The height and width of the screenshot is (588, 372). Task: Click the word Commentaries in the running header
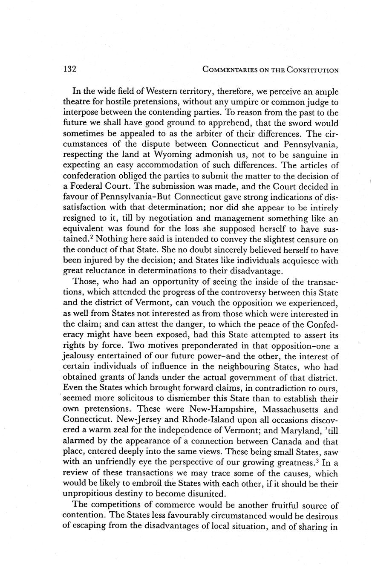pos(231,70)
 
